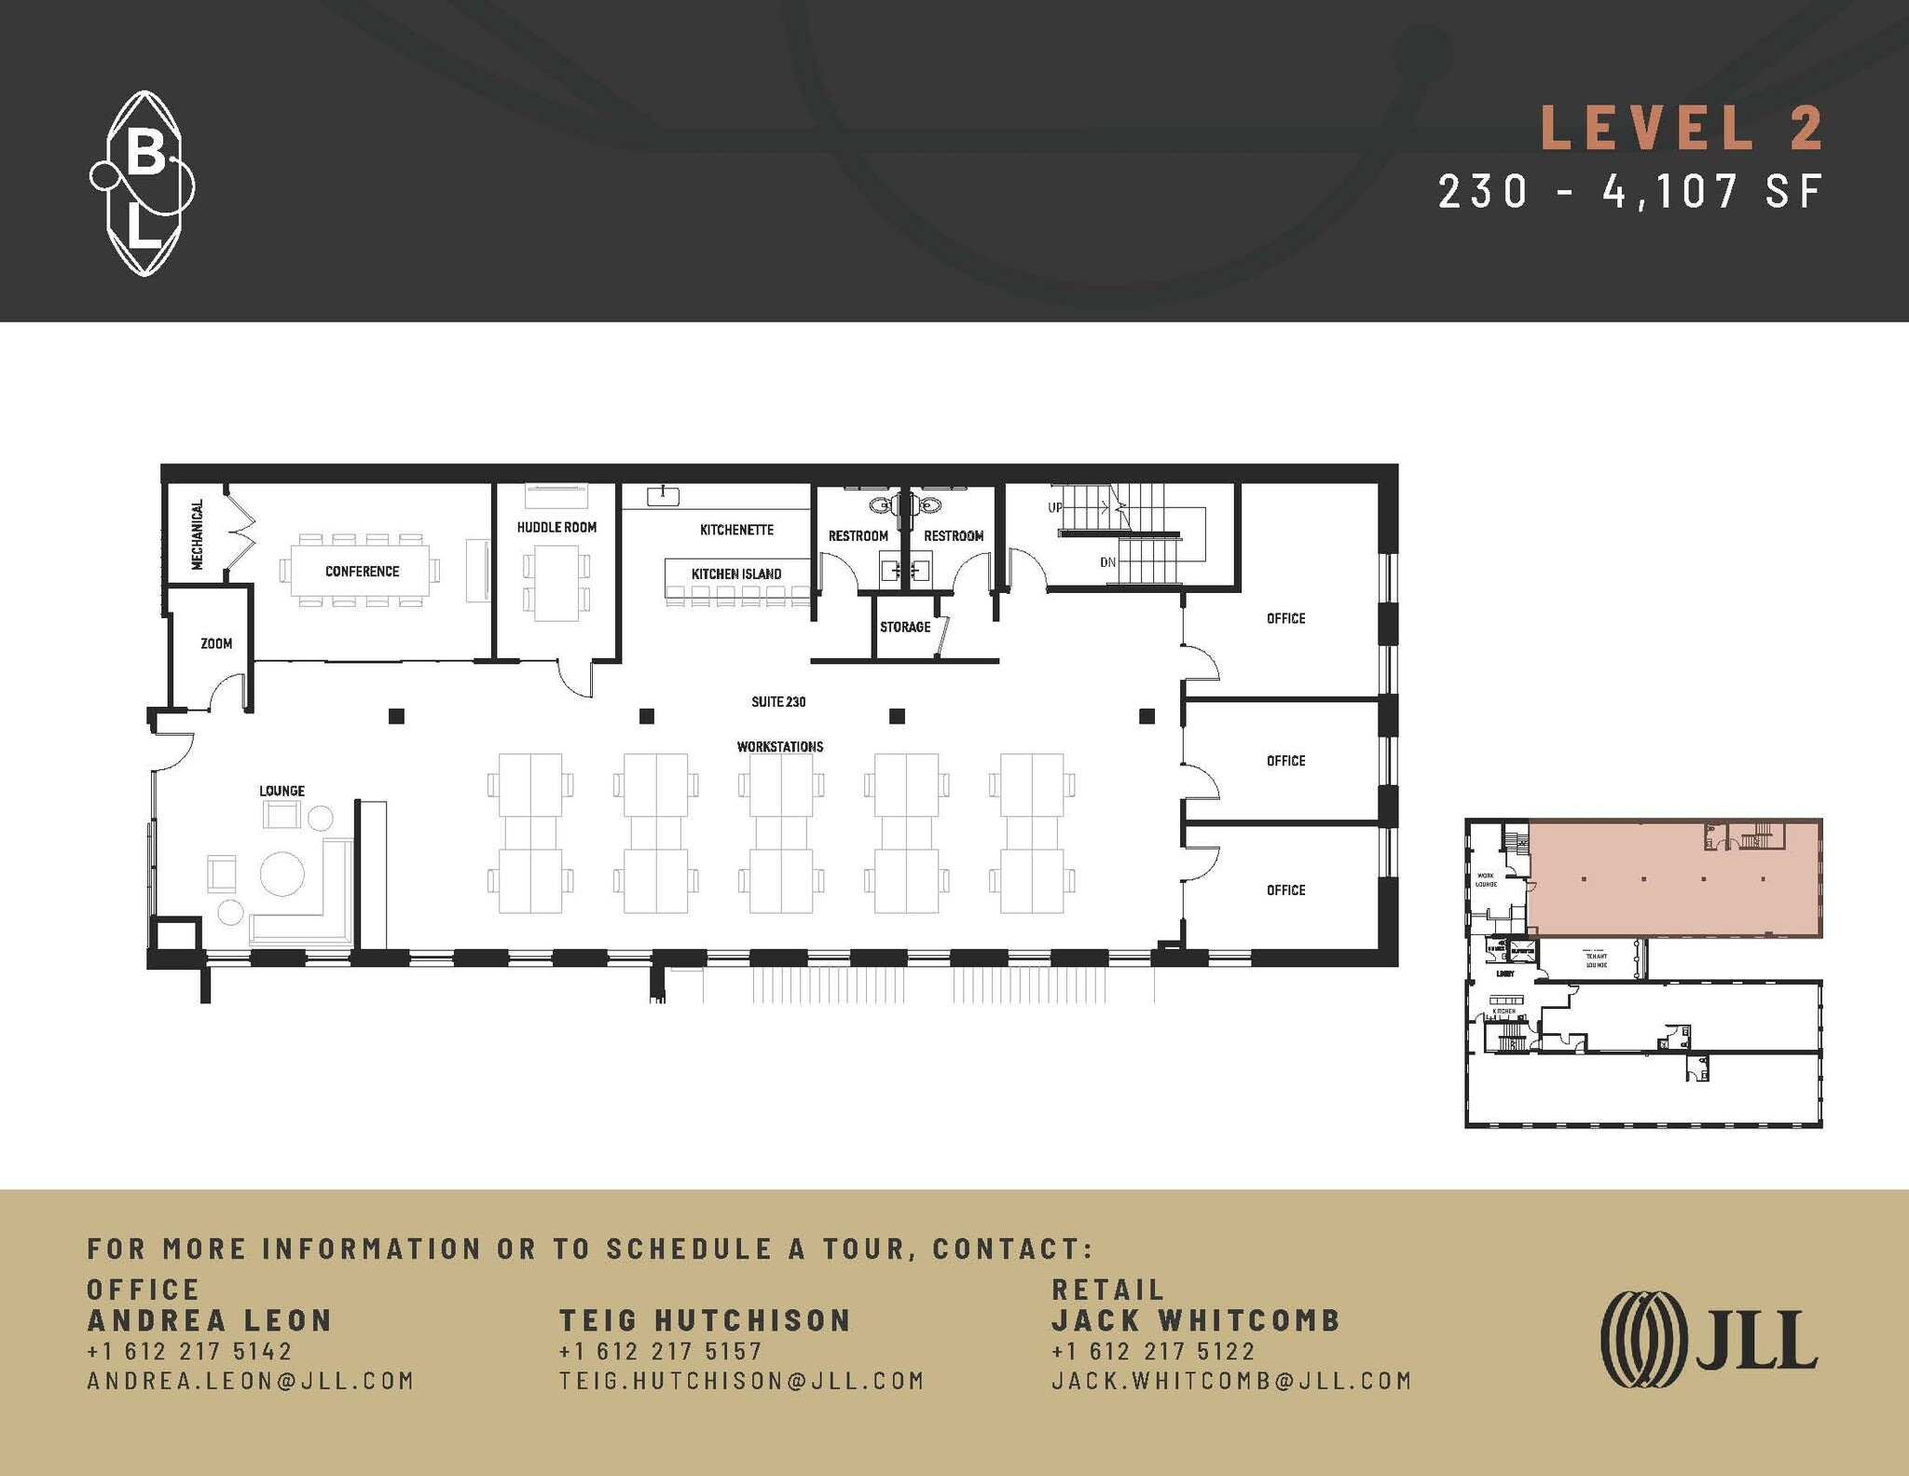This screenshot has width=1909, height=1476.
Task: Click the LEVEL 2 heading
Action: tap(1681, 128)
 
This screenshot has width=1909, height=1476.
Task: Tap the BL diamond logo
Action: tap(143, 184)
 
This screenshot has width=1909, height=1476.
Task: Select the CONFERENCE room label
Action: tap(362, 572)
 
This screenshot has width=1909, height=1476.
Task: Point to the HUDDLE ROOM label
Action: tap(556, 527)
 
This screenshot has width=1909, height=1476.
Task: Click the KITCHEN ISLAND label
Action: tap(736, 574)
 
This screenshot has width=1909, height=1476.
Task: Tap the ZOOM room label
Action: tap(216, 643)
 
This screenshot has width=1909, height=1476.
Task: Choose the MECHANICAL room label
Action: tap(198, 534)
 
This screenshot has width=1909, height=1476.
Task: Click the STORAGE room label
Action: tap(905, 627)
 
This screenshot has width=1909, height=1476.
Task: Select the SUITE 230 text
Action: tap(778, 701)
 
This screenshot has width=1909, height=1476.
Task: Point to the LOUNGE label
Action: tap(282, 791)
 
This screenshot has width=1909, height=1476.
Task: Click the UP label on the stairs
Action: tap(1055, 508)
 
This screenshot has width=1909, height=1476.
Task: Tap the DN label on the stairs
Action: tap(1107, 562)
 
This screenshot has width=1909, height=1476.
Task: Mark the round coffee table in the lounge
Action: tap(282, 874)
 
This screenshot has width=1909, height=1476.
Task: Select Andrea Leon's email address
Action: tap(250, 1381)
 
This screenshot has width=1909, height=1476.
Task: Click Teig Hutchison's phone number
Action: tap(660, 1351)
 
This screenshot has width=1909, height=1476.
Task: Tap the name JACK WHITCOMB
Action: tap(1196, 1320)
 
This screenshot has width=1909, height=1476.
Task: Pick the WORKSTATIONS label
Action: tap(780, 747)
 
